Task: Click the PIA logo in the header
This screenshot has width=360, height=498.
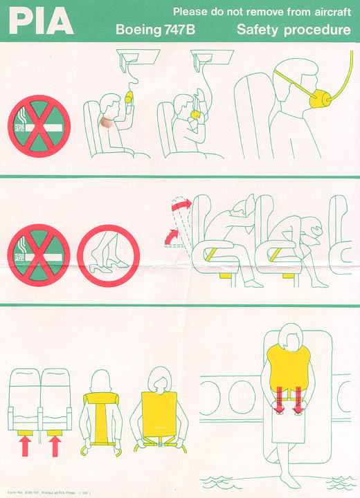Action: point(40,22)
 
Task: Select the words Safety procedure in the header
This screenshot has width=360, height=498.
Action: point(293,30)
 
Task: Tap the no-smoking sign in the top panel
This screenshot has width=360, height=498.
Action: point(39,124)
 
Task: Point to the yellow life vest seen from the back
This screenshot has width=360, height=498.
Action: point(102,415)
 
